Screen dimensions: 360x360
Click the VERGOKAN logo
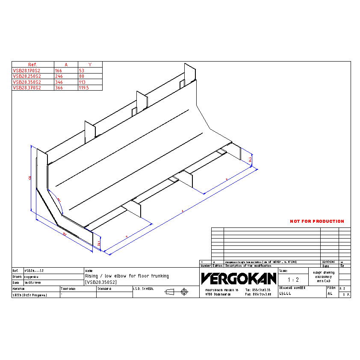click(x=239, y=279)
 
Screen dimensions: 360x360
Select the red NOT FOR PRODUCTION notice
click(x=317, y=221)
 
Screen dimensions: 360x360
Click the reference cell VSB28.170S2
click(x=27, y=71)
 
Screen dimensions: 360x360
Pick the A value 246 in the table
click(x=59, y=76)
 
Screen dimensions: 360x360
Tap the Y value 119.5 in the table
click(x=84, y=87)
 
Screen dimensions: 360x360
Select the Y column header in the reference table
click(x=90, y=65)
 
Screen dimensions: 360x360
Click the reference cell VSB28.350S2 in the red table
click(x=27, y=82)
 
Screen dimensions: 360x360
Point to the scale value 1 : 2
click(x=293, y=280)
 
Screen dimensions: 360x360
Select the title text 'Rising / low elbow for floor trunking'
click(x=127, y=276)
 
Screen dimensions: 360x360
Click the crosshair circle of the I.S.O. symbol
click(x=185, y=292)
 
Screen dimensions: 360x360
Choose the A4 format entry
click(x=330, y=294)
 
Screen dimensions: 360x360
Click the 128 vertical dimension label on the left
click(x=30, y=177)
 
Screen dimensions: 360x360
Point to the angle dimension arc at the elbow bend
click(x=60, y=201)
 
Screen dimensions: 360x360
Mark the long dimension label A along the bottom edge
click(x=183, y=211)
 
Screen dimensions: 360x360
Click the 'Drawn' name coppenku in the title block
click(x=32, y=277)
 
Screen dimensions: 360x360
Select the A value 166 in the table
click(x=59, y=71)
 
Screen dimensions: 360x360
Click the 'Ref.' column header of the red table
click(x=32, y=65)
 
